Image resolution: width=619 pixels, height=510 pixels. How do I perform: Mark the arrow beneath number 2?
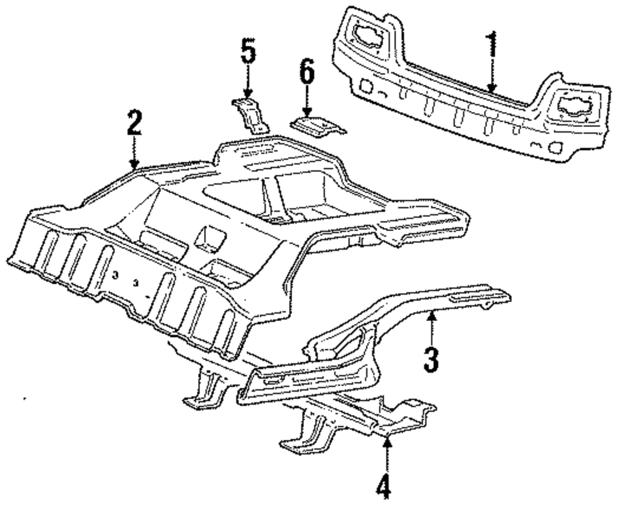[134, 155]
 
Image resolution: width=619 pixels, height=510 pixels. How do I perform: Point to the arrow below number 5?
[248, 84]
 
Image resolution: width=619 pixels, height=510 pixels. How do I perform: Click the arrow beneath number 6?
[306, 105]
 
